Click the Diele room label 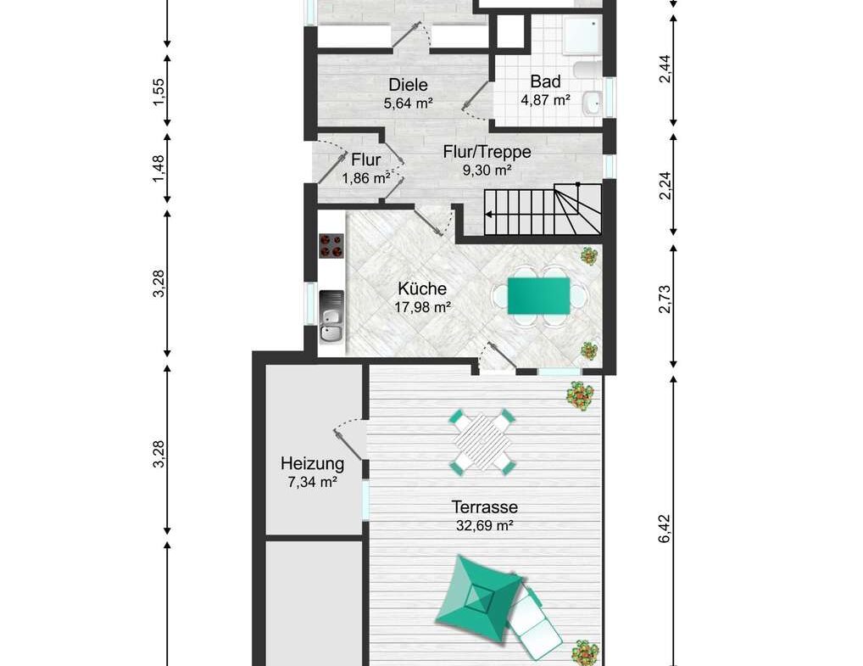408,85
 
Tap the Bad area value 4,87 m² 545,100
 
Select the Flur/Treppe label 487,152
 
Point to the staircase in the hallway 542,210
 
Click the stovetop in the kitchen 331,246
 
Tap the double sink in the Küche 331,316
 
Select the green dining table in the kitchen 539,296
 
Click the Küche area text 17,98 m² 423,307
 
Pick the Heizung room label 312,464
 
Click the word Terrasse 484,506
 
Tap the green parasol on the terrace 479,598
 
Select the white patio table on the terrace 483,442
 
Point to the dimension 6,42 665,529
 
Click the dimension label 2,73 665,299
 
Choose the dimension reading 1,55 159,92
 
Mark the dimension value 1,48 159,169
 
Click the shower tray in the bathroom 582,36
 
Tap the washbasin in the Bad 593,103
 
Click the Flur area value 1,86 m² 366,178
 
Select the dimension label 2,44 665,69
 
